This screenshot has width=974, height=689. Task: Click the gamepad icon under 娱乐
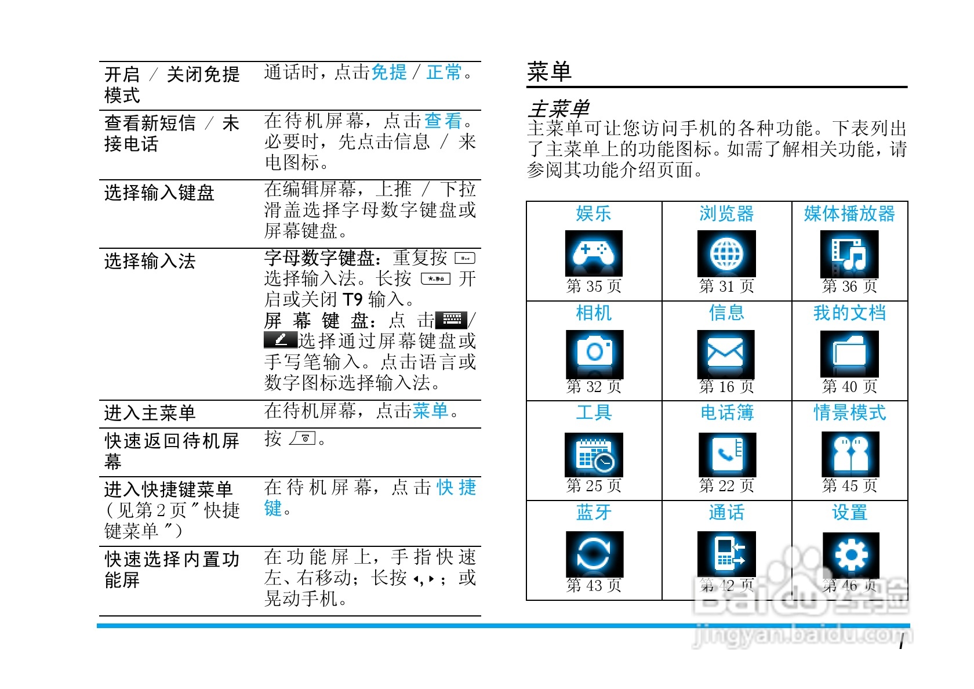point(594,253)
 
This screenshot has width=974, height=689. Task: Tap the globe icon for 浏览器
point(726,253)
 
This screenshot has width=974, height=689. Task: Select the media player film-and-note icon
point(849,254)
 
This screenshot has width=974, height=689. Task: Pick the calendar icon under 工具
point(594,454)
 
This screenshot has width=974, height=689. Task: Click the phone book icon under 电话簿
point(727,454)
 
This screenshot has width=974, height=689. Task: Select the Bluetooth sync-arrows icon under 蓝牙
point(594,554)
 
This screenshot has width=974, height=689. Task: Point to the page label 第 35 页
point(594,286)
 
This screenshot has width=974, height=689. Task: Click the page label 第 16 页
point(726,386)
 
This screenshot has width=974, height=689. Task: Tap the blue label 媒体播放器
point(849,213)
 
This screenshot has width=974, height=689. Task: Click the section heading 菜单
point(549,72)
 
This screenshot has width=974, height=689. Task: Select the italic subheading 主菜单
point(558,108)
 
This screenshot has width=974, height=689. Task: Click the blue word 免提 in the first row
point(389,72)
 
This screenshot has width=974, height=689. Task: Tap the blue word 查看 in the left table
point(444,121)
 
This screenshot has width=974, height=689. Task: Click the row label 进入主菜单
point(150,413)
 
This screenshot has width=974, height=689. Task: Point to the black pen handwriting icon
point(281,339)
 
